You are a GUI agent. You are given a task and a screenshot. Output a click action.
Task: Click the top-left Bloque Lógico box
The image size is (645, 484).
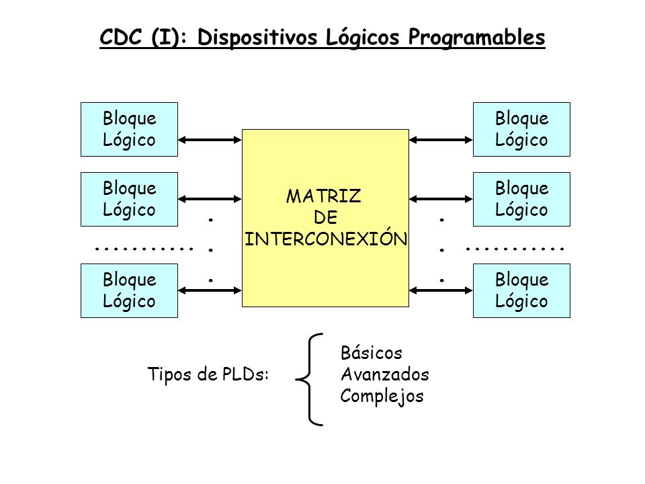(x=129, y=128)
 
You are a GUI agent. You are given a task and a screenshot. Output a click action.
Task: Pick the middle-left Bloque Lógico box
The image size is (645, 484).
(x=129, y=199)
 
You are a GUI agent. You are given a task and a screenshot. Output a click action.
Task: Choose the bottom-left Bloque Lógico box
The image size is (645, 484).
(x=129, y=290)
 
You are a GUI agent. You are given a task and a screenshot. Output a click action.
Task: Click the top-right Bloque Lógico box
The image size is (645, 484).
(x=521, y=128)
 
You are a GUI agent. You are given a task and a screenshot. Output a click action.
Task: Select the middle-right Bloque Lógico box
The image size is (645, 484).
(x=521, y=199)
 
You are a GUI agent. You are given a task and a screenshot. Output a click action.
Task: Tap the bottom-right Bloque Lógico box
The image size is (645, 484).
(x=521, y=290)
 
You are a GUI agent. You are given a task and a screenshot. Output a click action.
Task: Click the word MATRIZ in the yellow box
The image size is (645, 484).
(x=324, y=196)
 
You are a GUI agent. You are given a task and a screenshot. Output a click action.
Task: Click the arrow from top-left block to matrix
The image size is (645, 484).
(x=210, y=140)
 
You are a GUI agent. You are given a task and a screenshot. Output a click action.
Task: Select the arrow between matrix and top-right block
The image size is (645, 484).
(x=441, y=140)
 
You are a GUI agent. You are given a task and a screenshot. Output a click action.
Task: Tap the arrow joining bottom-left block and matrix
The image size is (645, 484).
(x=210, y=290)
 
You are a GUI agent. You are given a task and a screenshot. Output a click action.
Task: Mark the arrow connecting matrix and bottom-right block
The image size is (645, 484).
(x=441, y=290)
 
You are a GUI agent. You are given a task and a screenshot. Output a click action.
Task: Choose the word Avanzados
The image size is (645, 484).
(x=385, y=374)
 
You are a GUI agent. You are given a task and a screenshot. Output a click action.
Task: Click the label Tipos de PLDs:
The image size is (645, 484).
(x=208, y=375)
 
